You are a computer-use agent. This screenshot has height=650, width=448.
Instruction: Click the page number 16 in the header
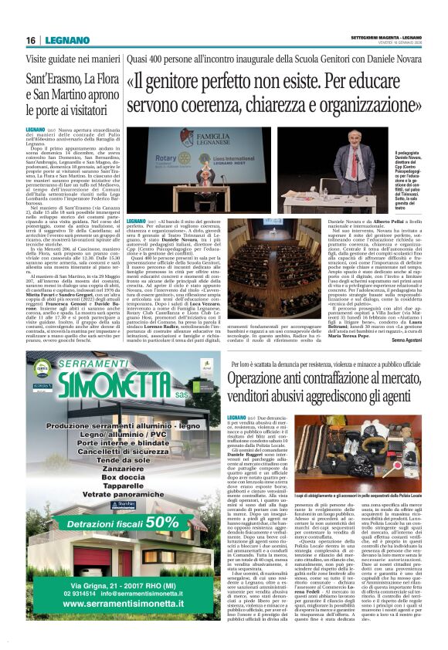[x=31, y=40]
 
